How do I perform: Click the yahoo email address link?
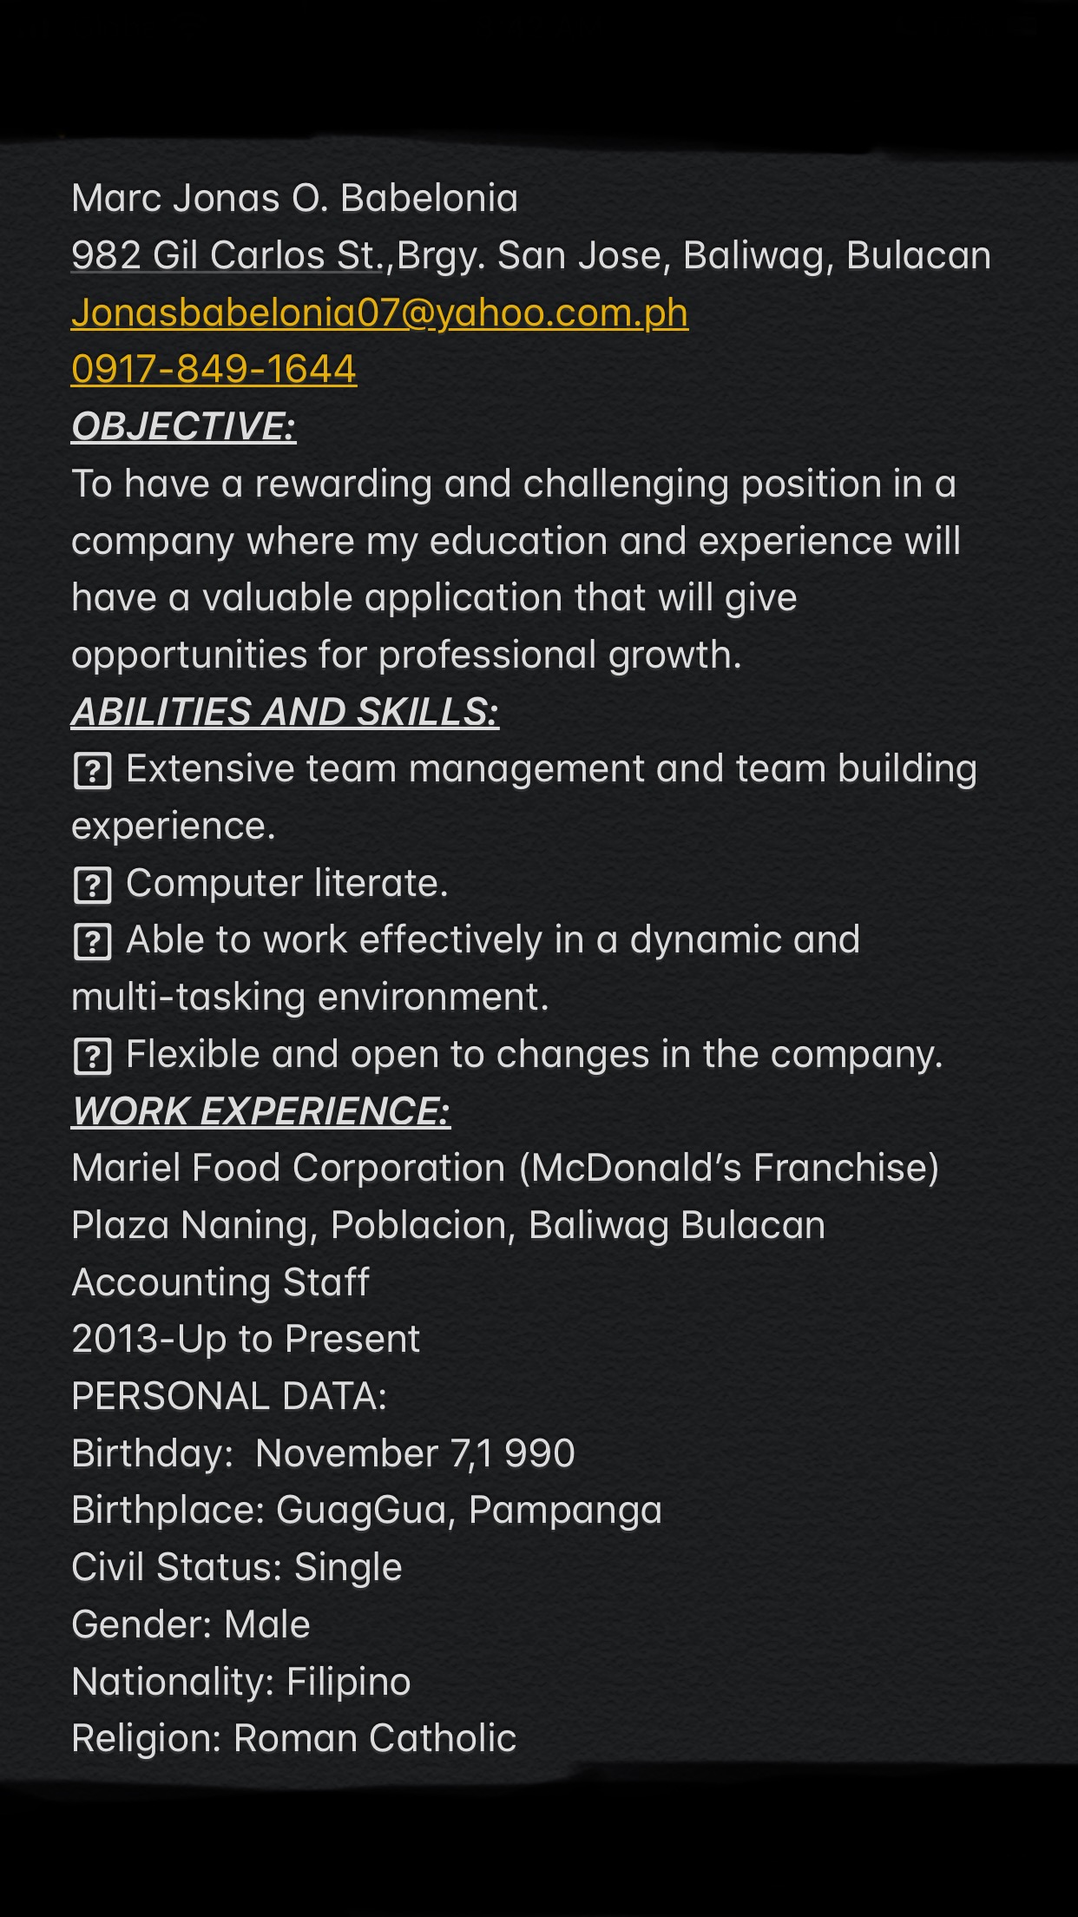tap(379, 313)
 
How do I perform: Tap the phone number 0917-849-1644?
tap(214, 370)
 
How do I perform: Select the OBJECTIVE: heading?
tap(183, 427)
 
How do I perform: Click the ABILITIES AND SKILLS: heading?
tap(285, 713)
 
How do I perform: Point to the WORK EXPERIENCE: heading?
tap(260, 1112)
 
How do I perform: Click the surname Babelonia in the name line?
tap(429, 199)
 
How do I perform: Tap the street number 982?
tap(106, 256)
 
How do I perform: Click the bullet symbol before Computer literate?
tap(93, 886)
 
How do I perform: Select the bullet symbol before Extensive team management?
tap(93, 771)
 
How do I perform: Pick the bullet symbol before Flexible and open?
tap(93, 1057)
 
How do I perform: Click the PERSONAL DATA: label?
tap(229, 1397)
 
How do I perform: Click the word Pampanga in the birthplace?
tap(565, 1511)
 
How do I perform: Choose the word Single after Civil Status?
tap(348, 1568)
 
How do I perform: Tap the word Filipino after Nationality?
tap(348, 1683)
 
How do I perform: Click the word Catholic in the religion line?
tap(442, 1739)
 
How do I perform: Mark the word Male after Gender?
tap(266, 1625)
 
